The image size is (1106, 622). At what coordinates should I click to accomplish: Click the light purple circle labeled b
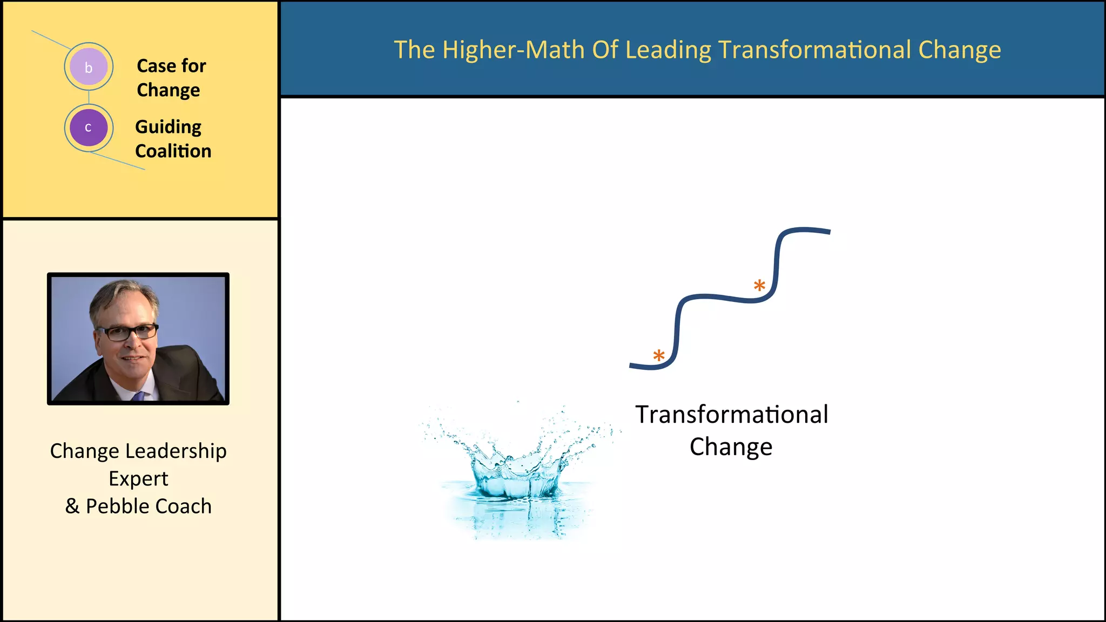tap(89, 67)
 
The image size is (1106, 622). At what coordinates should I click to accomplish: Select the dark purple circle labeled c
tap(89, 128)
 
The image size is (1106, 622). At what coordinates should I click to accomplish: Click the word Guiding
tap(168, 127)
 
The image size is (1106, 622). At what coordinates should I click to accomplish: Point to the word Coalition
tap(173, 151)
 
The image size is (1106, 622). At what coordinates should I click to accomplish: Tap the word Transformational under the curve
tap(731, 415)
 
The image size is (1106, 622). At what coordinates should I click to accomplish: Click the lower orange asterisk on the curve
tap(659, 356)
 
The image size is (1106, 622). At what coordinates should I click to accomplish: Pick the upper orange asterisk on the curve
tap(759, 286)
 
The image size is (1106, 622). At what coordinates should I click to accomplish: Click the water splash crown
tap(517, 475)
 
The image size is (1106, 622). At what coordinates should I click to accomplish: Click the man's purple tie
tap(139, 396)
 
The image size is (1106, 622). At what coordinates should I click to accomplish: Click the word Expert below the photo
tap(138, 479)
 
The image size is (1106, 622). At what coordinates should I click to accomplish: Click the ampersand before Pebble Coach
tap(72, 506)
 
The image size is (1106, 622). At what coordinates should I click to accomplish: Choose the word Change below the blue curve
tap(731, 447)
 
